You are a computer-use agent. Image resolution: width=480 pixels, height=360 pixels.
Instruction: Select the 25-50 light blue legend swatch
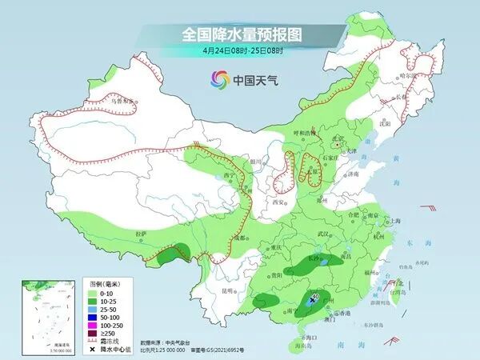coord(90,307)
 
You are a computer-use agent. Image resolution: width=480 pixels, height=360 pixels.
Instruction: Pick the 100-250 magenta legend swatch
coord(90,325)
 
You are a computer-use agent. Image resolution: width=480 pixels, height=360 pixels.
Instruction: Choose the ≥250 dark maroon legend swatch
coord(90,334)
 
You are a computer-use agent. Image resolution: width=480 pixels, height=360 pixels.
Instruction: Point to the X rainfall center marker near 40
coord(311,301)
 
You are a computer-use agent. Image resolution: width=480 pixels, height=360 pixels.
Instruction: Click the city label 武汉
coord(323,233)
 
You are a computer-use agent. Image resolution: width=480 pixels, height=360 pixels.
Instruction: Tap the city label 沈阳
coord(385,124)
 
